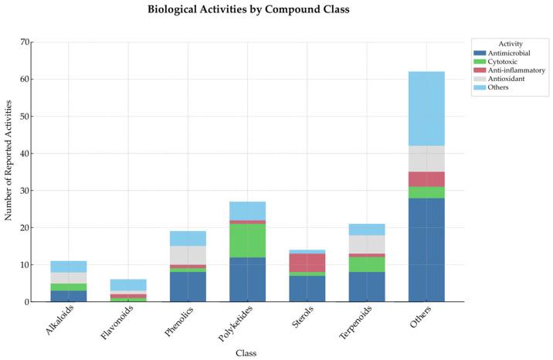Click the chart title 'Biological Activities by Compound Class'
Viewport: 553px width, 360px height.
coord(276,10)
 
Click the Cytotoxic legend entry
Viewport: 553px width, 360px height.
coord(499,62)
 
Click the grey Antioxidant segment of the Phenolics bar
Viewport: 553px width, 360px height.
coord(188,255)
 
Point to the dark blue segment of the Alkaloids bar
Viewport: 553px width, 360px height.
coord(69,296)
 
